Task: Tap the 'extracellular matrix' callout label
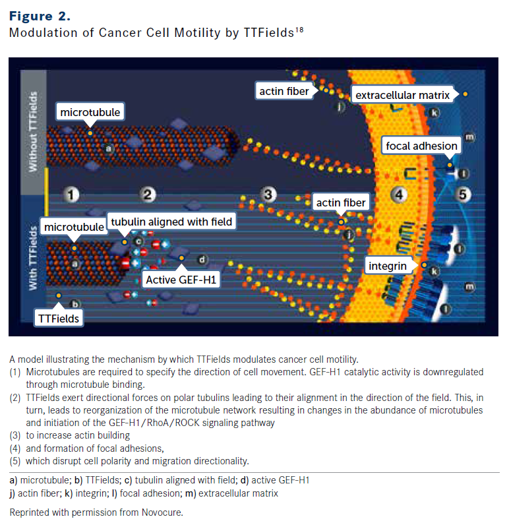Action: click(402, 96)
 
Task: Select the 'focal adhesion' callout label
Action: click(423, 146)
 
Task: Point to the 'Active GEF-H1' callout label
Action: click(181, 280)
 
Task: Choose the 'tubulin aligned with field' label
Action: click(171, 222)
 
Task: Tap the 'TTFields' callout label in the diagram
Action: click(58, 319)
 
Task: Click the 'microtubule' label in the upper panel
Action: click(90, 112)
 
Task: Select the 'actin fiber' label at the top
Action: click(284, 91)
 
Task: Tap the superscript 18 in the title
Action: click(299, 29)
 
